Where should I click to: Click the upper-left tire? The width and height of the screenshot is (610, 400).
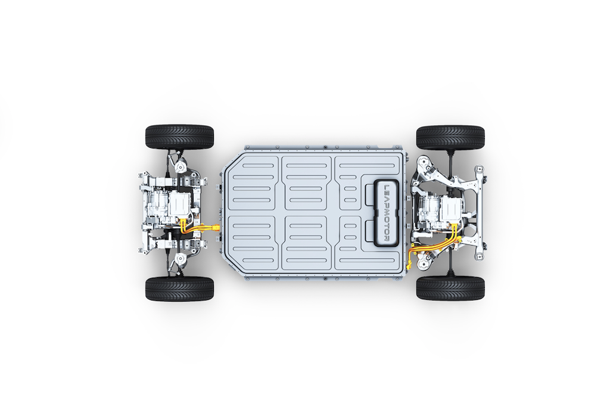tap(180, 137)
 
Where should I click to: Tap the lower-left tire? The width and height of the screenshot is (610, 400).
tap(180, 289)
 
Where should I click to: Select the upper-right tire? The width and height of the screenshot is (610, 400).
tap(450, 138)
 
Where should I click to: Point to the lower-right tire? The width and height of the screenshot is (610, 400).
tap(450, 288)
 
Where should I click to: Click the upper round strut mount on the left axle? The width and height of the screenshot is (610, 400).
tap(180, 168)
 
